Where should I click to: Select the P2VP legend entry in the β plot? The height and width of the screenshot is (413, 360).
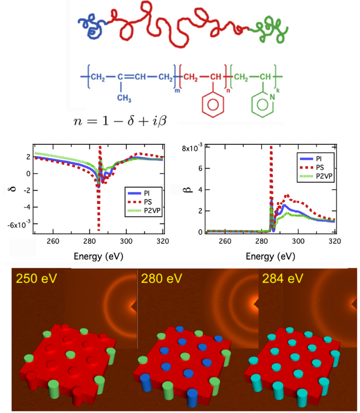[320, 176]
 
